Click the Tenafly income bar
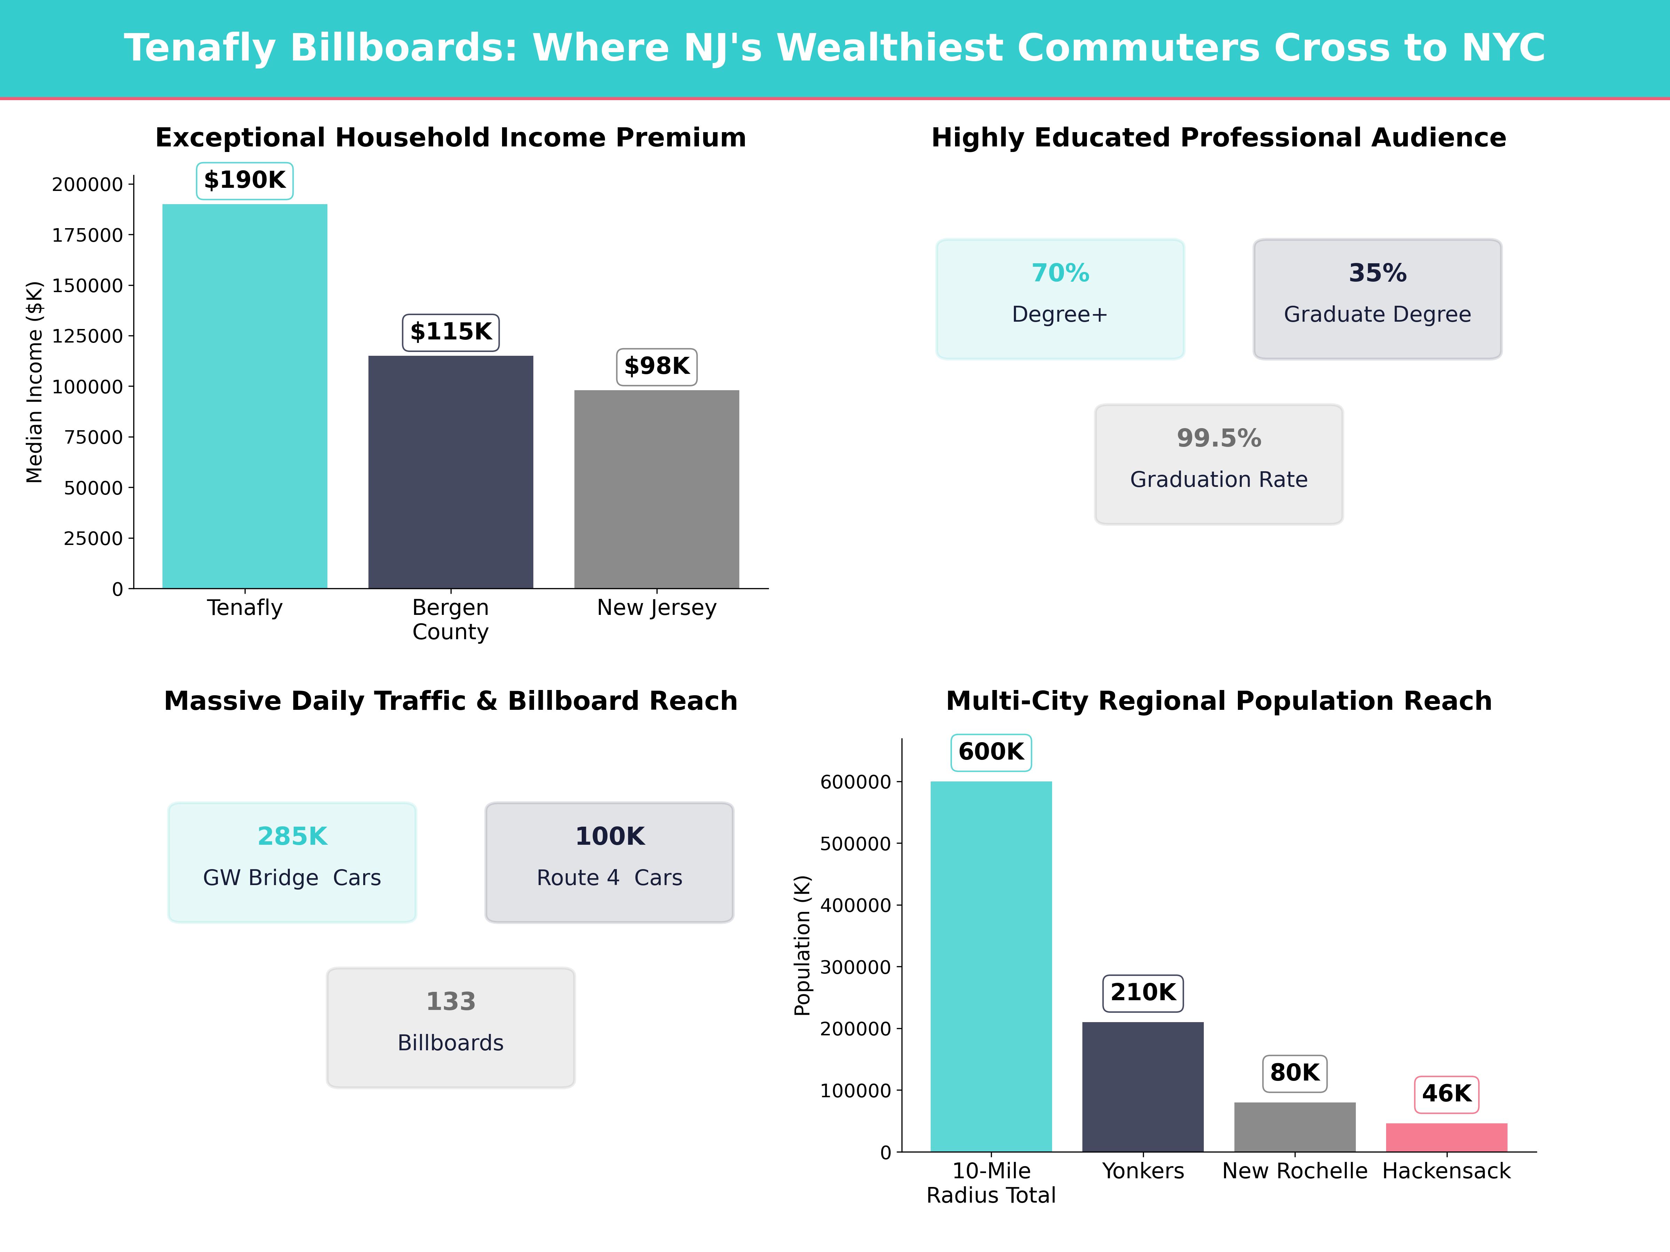pos(245,396)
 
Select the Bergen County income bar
pos(451,472)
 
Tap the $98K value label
pos(657,367)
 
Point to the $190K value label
pos(245,180)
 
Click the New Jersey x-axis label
pos(657,608)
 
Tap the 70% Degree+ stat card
pos(1060,299)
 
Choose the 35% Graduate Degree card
pos(1377,299)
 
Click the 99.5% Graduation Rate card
pos(1218,464)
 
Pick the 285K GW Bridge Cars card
pos(292,862)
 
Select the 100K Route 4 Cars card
pos(609,862)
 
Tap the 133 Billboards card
pos(451,1027)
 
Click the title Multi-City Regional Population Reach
pos(1218,701)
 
